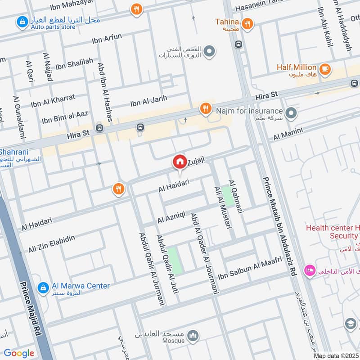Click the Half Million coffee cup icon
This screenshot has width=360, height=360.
click(x=325, y=69)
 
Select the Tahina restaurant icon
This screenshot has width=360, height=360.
click(x=247, y=24)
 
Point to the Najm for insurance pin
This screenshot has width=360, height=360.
click(x=291, y=112)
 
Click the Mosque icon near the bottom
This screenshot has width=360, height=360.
click(x=193, y=335)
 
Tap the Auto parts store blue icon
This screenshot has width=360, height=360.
click(x=21, y=21)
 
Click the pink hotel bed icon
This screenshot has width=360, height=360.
click(x=310, y=270)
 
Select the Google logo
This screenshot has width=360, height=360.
click(x=19, y=353)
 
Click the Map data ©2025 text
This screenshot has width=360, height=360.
click(x=336, y=355)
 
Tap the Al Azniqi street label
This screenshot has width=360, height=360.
click(x=171, y=219)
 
